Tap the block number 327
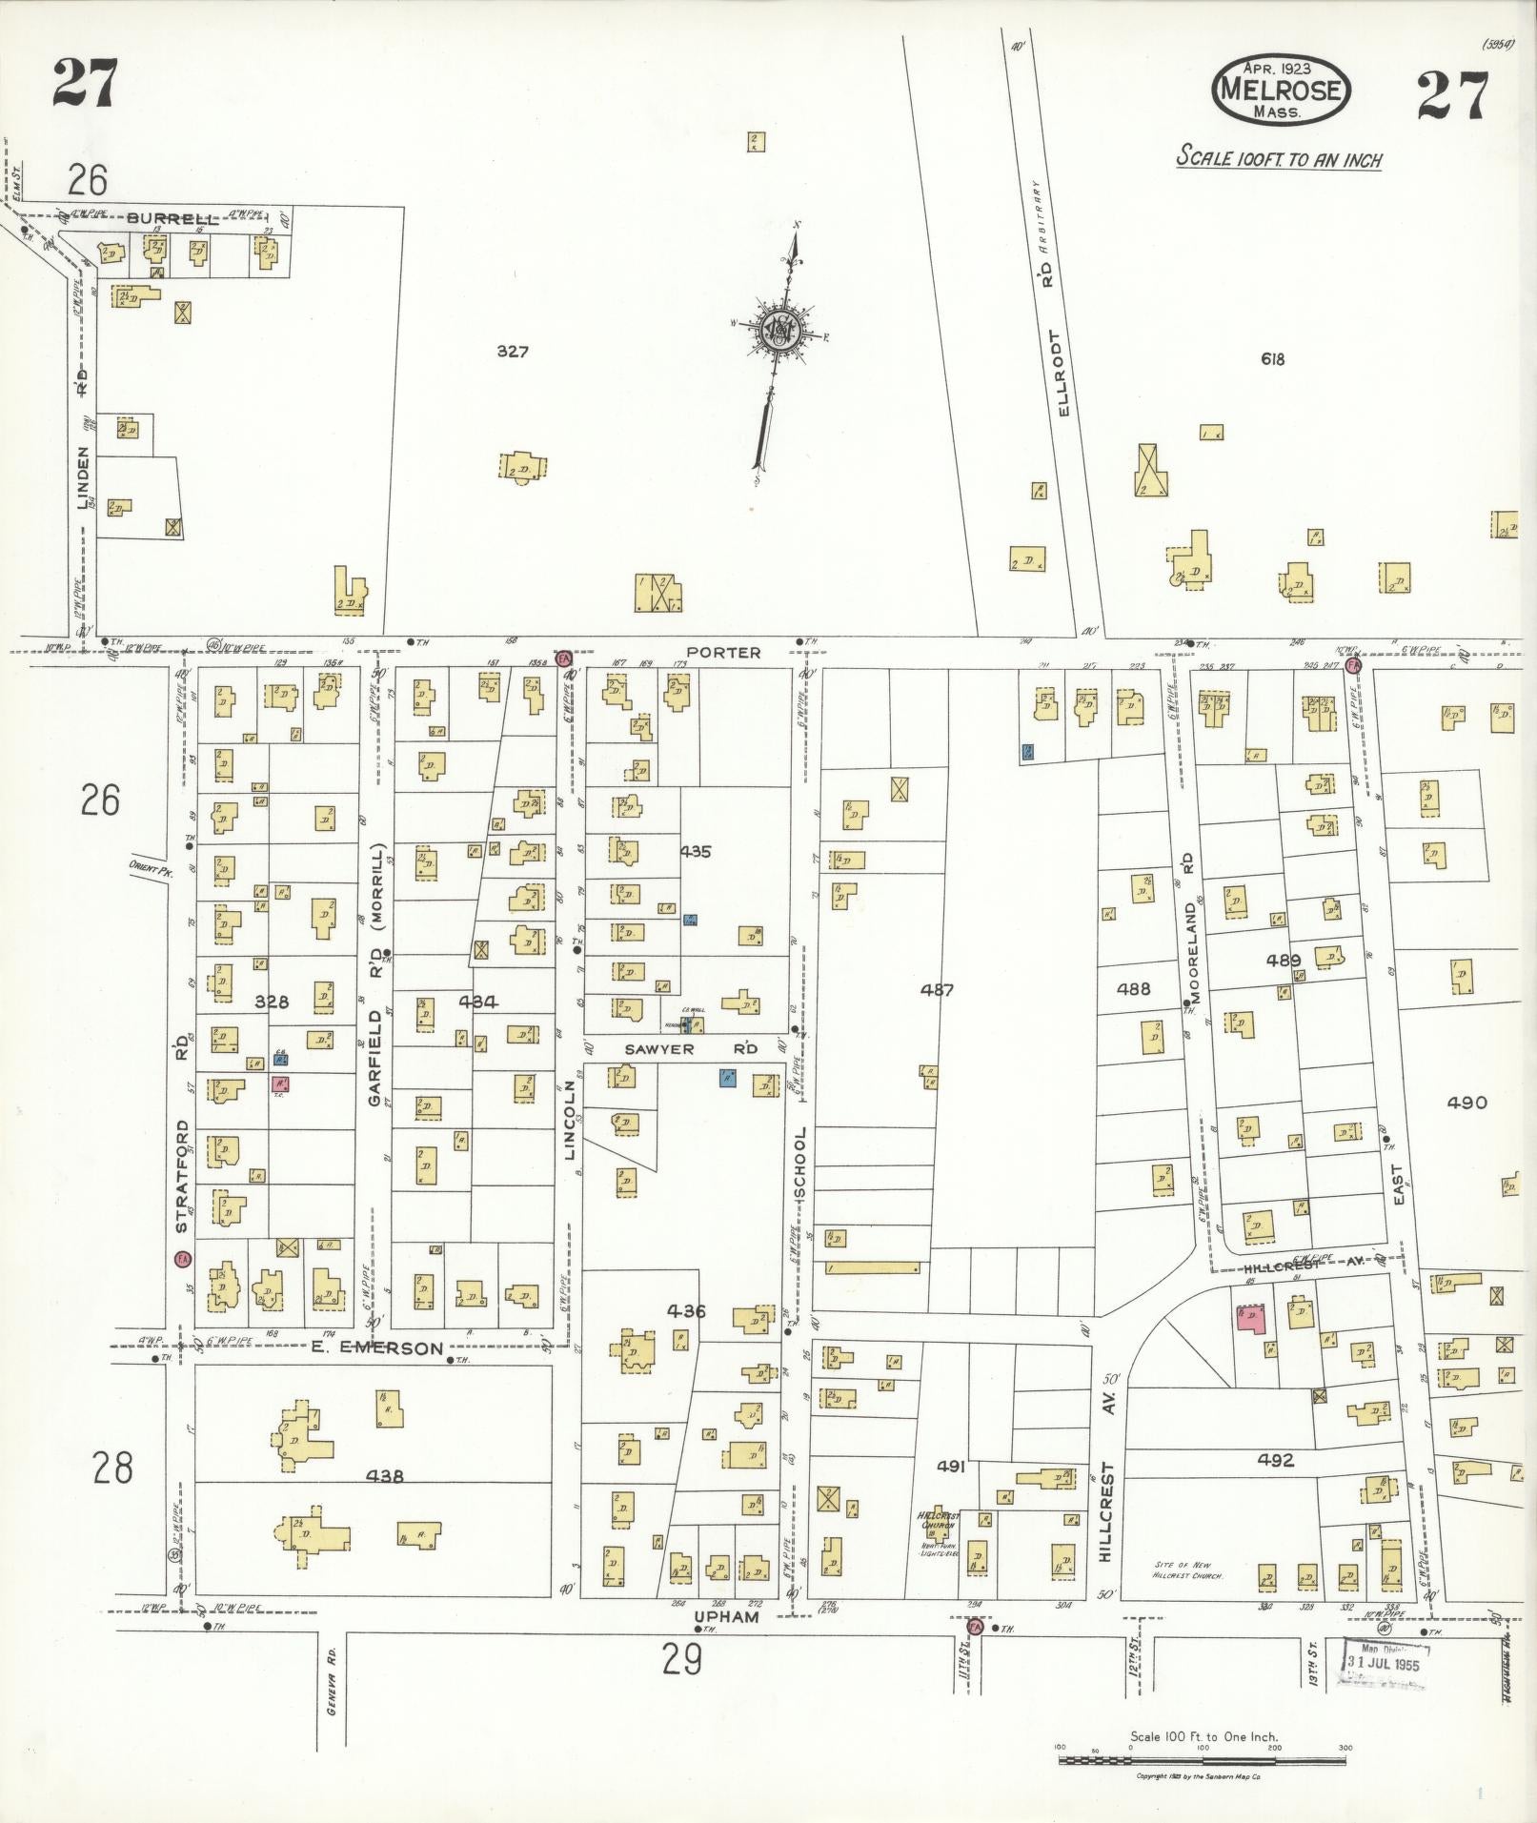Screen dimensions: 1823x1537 513,352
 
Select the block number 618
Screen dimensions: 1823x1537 1272,359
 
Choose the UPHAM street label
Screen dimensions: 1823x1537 726,1617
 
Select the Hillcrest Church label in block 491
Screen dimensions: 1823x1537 939,1520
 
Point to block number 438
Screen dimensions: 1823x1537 384,1476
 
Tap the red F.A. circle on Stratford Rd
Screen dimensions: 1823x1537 181,1259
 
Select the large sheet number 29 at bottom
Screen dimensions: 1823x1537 682,1659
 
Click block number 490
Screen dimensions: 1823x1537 1466,1103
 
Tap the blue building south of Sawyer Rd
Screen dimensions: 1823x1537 728,1078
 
